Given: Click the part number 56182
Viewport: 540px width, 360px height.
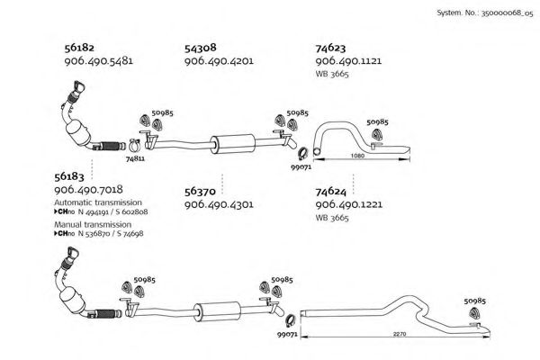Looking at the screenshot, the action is tap(79, 48).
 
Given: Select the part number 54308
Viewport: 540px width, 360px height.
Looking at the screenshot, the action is tap(200, 48).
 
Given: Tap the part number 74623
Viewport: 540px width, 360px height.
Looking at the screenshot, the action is tap(330, 48).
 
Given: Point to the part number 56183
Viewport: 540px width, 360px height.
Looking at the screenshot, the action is tap(69, 176).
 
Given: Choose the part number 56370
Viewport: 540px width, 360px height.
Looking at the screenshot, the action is tap(200, 191).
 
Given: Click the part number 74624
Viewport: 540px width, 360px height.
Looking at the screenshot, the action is tap(330, 191).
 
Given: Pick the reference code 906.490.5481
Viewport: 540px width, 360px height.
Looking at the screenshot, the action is tap(98, 61).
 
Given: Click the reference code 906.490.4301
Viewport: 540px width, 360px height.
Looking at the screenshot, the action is tap(219, 204).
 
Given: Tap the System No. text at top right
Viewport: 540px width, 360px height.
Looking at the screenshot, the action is tap(484, 13).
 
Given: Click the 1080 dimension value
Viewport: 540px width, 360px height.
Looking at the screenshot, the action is tap(357, 156).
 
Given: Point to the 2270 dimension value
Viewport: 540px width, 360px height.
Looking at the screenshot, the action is tap(400, 334).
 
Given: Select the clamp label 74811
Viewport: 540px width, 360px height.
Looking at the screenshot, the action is tap(135, 158).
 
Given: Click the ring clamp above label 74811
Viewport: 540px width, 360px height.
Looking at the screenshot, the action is tap(135, 146).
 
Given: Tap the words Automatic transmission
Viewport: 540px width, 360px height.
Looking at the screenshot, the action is tap(98, 202).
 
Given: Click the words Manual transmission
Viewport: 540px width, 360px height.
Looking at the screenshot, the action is tap(93, 224).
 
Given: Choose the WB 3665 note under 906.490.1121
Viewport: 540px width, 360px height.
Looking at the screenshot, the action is tap(332, 74).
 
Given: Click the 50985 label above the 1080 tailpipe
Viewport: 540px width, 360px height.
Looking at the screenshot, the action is tap(377, 122).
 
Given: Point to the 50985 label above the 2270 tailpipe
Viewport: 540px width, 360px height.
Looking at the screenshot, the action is tap(474, 301).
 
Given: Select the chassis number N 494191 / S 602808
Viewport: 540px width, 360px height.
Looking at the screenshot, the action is tap(113, 211).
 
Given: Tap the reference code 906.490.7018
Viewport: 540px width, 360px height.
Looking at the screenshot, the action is tap(88, 190).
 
